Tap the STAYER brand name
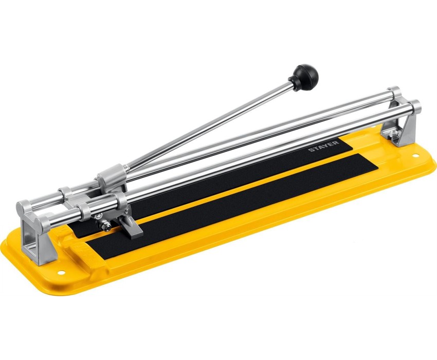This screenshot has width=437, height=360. pos(324,147)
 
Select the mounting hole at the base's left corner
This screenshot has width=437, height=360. pos(62,273)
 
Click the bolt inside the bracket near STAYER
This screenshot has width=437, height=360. pos(393,135)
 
